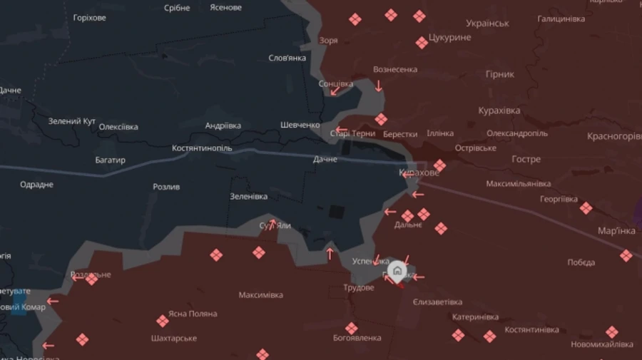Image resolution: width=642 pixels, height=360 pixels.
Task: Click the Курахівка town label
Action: click(499, 110)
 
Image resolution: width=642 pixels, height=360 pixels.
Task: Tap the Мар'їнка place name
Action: click(616, 230)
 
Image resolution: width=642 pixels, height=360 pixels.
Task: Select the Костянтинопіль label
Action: click(202, 148)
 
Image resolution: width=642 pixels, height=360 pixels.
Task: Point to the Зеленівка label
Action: click(249, 197)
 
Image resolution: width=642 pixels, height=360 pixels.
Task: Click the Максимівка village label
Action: click(260, 295)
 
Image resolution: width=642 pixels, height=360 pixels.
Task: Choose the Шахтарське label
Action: click(173, 338)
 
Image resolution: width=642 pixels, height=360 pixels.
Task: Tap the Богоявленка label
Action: click(357, 338)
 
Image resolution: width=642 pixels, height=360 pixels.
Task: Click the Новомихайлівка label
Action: click(601, 344)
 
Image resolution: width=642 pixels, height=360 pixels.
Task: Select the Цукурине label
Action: click(450, 38)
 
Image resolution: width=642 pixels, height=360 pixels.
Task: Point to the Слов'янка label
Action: click(287, 58)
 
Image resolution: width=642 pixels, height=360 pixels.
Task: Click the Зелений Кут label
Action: click(72, 121)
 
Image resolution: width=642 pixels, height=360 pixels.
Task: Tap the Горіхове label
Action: click(90, 17)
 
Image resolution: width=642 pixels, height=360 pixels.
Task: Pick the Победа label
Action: click(581, 262)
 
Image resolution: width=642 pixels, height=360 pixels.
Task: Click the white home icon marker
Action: click(397, 270)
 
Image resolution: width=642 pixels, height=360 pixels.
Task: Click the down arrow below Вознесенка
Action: click(379, 86)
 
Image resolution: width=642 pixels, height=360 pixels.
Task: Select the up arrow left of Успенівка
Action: click(330, 253)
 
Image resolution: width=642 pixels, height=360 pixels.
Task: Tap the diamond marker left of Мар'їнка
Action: click(586, 208)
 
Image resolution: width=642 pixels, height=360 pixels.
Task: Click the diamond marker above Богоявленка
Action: click(351, 328)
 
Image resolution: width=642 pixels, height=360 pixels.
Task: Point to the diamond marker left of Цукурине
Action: click(422, 43)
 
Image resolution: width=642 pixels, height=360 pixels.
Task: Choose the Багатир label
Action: click(111, 160)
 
